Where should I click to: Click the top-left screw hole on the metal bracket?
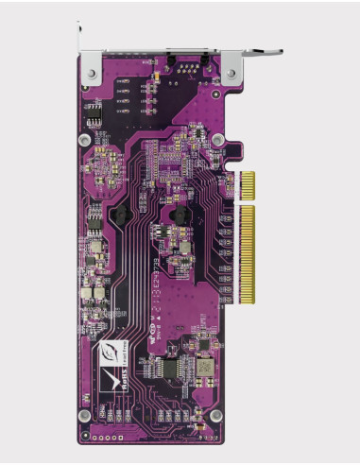coord(91,73)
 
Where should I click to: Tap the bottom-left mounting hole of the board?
coord(84,415)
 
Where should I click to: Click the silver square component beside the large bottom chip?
coord(204,365)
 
